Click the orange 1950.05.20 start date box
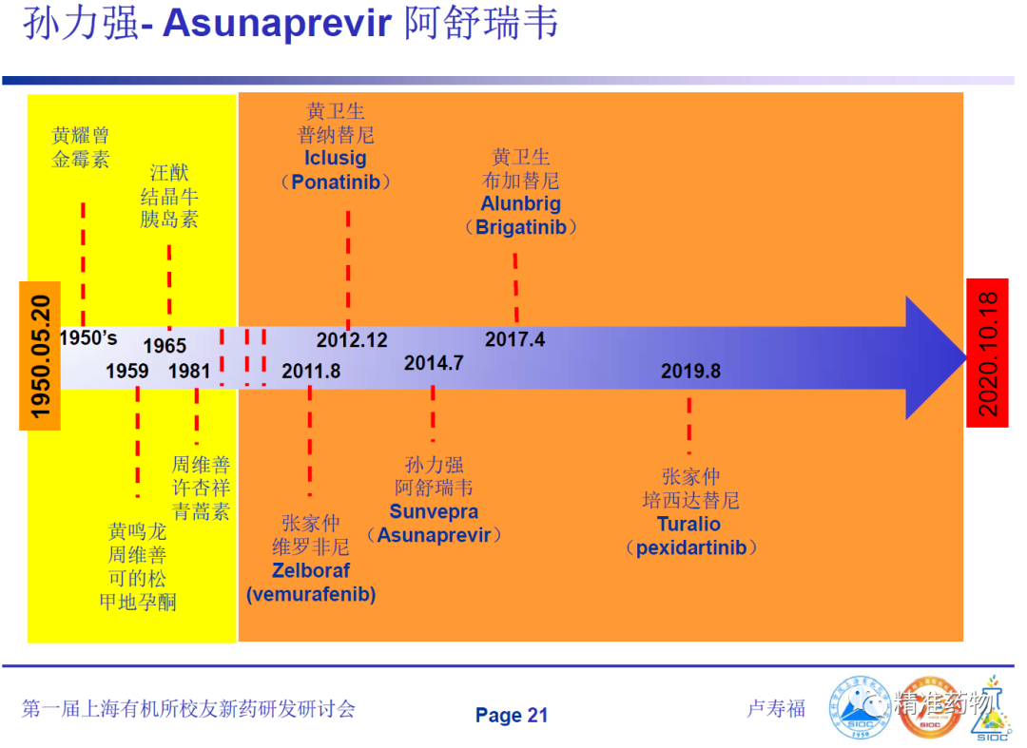[x=40, y=356]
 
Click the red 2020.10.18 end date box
[x=987, y=354]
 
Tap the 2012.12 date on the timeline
[x=352, y=340]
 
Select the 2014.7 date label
[x=434, y=362]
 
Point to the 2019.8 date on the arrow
[x=690, y=371]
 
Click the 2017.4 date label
[x=514, y=339]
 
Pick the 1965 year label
[x=165, y=346]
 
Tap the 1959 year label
[x=127, y=371]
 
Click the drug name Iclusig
[x=336, y=159]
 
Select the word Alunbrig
[x=521, y=203]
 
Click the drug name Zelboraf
[x=310, y=570]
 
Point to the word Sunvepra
[x=434, y=511]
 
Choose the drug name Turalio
[x=688, y=525]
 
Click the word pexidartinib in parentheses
[x=691, y=547]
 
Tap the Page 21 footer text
[x=512, y=716]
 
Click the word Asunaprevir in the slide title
[x=277, y=24]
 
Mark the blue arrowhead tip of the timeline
[x=966, y=357]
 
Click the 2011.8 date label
[x=310, y=371]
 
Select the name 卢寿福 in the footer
[x=776, y=709]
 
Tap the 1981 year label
[x=189, y=371]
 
